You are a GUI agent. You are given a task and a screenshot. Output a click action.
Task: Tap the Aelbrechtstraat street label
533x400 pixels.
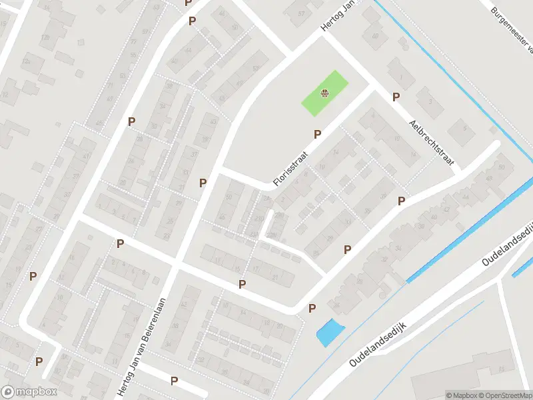pyautogui.click(x=432, y=143)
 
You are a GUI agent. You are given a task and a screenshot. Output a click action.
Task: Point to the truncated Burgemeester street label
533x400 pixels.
pyautogui.click(x=512, y=30)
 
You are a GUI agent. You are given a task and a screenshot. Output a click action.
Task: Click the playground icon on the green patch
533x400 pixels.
pyautogui.click(x=324, y=93)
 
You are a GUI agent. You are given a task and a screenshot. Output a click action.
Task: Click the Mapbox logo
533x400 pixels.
pyautogui.click(x=29, y=392)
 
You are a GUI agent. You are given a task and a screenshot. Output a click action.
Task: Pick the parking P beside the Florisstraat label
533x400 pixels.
pyautogui.click(x=317, y=134)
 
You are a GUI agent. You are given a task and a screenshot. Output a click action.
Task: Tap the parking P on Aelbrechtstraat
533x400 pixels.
pyautogui.click(x=396, y=97)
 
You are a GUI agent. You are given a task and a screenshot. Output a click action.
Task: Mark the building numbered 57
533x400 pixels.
pyautogui.click(x=301, y=13)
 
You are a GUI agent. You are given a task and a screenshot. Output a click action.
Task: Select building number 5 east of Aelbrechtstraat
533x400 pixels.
pyautogui.click(x=466, y=128)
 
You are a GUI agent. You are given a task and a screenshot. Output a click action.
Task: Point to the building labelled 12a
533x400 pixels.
pyautogui.click(x=27, y=61)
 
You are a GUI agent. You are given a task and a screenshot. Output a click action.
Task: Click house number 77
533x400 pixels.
pyautogui.click(x=133, y=41)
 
